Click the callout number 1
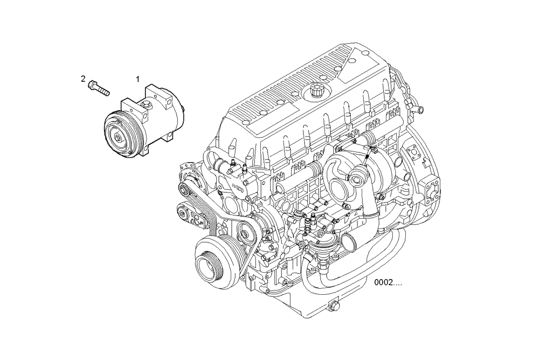(x=137, y=79)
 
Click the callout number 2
(x=83, y=79)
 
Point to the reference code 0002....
(x=389, y=282)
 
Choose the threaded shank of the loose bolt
(x=104, y=89)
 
